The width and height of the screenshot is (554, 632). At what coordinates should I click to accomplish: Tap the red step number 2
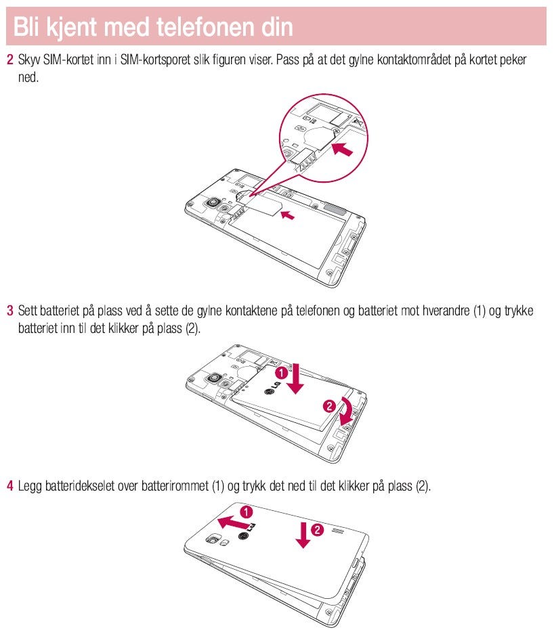pos(9,60)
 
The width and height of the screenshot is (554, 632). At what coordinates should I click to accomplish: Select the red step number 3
pos(9,311)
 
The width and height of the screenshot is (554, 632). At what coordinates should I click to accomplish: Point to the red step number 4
pos(9,486)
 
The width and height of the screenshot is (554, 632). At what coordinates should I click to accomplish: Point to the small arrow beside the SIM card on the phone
pos(289,215)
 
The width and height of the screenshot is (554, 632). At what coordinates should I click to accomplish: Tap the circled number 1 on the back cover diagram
pos(247,512)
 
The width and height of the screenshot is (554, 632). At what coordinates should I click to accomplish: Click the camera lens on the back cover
pos(215,541)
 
